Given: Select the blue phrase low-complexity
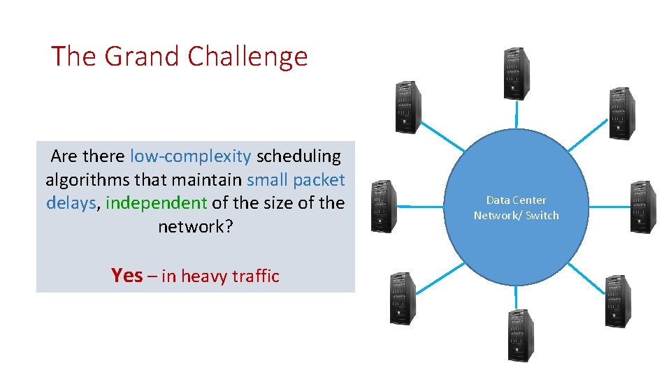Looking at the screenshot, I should (190, 156).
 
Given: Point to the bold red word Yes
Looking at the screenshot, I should (127, 276).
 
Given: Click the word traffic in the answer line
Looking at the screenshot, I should (254, 276).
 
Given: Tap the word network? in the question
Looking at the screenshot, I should (195, 227).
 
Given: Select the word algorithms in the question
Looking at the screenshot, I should (87, 180).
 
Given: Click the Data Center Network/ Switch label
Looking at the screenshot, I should (516, 208).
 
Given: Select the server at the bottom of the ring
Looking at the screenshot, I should (517, 335).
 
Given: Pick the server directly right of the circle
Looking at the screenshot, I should (643, 206).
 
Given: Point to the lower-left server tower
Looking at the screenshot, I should (403, 298).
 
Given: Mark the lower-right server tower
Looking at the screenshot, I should (617, 300).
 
